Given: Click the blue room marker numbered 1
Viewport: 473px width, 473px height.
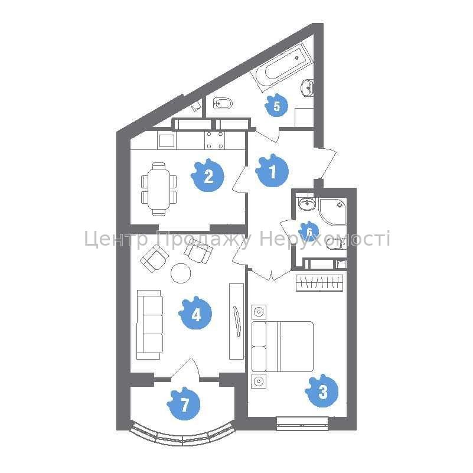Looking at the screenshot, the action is click(272, 171).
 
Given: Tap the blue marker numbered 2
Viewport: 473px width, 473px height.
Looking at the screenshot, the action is click(208, 175).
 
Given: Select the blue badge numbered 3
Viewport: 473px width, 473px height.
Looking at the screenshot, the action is click(322, 392).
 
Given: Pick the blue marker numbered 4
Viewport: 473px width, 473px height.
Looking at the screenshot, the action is click(195, 314).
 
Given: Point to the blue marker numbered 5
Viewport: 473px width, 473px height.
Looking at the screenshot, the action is click(276, 105).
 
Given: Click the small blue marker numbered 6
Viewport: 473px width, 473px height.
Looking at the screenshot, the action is click(309, 231).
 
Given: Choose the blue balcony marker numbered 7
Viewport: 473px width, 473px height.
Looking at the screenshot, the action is click(184, 404).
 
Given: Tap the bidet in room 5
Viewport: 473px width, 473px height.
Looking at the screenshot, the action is click(223, 104).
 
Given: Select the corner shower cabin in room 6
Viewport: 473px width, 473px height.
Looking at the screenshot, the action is click(332, 211).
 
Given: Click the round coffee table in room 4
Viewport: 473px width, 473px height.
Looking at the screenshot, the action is click(181, 273).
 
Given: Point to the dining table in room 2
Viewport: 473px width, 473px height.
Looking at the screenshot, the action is click(159, 190).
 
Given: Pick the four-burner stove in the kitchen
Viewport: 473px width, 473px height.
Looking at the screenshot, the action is click(215, 141).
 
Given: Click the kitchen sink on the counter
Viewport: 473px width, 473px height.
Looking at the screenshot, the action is click(167, 141).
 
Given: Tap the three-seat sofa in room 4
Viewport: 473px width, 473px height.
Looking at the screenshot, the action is click(150, 325).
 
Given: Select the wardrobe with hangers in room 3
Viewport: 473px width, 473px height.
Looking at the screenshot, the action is click(319, 283).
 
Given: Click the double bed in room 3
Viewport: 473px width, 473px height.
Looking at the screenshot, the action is click(282, 346).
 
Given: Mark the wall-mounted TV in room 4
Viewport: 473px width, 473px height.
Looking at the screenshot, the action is click(237, 321).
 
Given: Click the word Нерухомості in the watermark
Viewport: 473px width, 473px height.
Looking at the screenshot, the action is click(325, 239).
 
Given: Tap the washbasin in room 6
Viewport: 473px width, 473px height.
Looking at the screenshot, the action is click(307, 203).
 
